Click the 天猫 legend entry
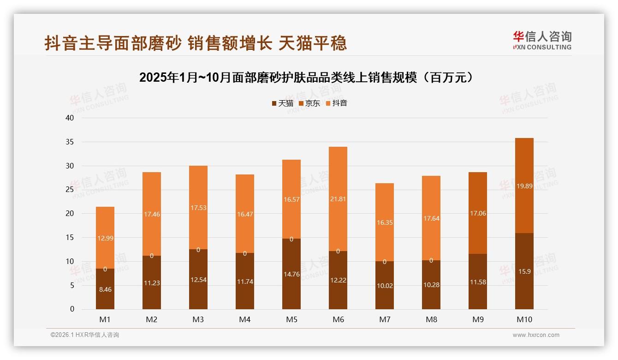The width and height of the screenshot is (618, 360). [x=282, y=103]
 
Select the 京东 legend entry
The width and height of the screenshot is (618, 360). [x=309, y=103]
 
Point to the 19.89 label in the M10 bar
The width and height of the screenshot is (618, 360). [x=524, y=186]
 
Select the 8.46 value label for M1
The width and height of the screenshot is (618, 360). [x=105, y=289]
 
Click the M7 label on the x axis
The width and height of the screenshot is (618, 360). [x=385, y=319]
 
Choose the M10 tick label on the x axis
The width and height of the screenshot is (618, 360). [x=524, y=319]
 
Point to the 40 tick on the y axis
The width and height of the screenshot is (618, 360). [x=70, y=118]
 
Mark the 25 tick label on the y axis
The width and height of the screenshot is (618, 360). [x=70, y=190]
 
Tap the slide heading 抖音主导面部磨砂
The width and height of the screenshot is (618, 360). [x=196, y=43]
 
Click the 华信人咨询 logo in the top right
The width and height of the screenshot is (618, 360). [x=542, y=40]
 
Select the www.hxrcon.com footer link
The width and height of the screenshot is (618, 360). [x=536, y=335]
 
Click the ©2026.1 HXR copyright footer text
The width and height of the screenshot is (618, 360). [x=85, y=335]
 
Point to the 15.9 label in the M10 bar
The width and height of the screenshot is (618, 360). [x=524, y=271]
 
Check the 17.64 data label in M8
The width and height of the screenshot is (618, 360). [x=431, y=219]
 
